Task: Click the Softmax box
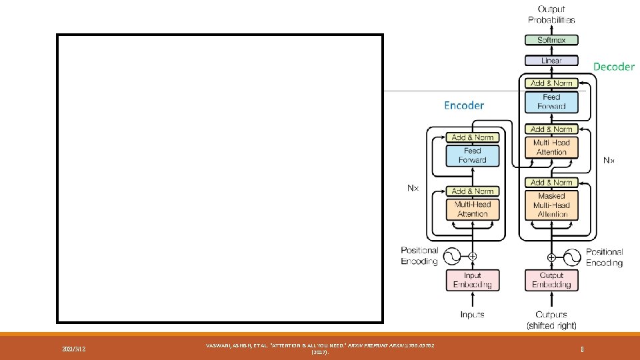pyautogui.click(x=551, y=40)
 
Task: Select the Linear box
pyautogui.click(x=551, y=61)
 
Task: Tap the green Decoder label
pyautogui.click(x=614, y=67)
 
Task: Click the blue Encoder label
pyautogui.click(x=464, y=105)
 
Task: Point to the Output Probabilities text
pyautogui.click(x=551, y=14)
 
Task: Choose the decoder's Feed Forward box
pyautogui.click(x=551, y=102)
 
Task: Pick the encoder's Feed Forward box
pyautogui.click(x=473, y=155)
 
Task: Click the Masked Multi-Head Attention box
pyautogui.click(x=551, y=205)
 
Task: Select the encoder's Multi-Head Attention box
pyautogui.click(x=473, y=209)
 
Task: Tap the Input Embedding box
pyautogui.click(x=473, y=280)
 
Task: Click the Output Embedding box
pyautogui.click(x=551, y=280)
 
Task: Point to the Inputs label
pyautogui.click(x=473, y=314)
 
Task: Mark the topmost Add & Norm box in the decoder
pyautogui.click(x=551, y=83)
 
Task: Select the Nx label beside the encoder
pyautogui.click(x=414, y=188)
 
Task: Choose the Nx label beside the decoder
pyautogui.click(x=609, y=161)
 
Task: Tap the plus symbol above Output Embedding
pyautogui.click(x=551, y=257)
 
